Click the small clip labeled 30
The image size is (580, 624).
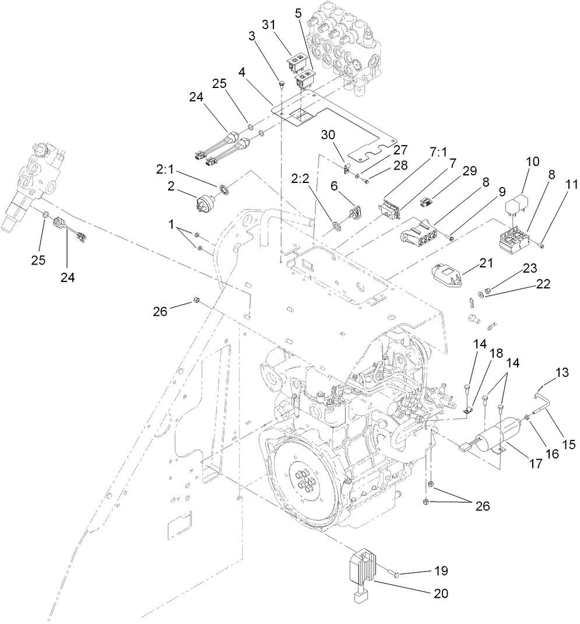coord(346,169)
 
